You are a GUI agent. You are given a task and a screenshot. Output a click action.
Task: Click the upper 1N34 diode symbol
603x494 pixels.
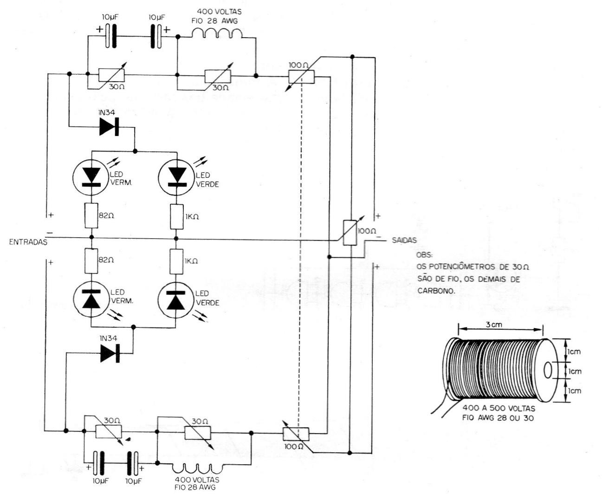[109, 126]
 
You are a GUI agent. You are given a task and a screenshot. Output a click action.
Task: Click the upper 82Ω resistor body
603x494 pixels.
[91, 216]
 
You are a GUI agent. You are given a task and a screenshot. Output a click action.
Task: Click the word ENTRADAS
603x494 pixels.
[28, 242]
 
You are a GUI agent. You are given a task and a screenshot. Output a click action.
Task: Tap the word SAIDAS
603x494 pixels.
[404, 240]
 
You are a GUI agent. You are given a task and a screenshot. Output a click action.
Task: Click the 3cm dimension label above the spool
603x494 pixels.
[494, 325]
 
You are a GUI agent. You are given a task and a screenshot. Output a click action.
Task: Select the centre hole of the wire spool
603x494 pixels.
[548, 371]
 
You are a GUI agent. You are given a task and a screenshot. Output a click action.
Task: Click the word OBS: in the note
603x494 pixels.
[424, 255]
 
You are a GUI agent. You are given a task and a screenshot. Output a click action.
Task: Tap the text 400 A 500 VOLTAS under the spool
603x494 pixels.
[499, 409]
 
